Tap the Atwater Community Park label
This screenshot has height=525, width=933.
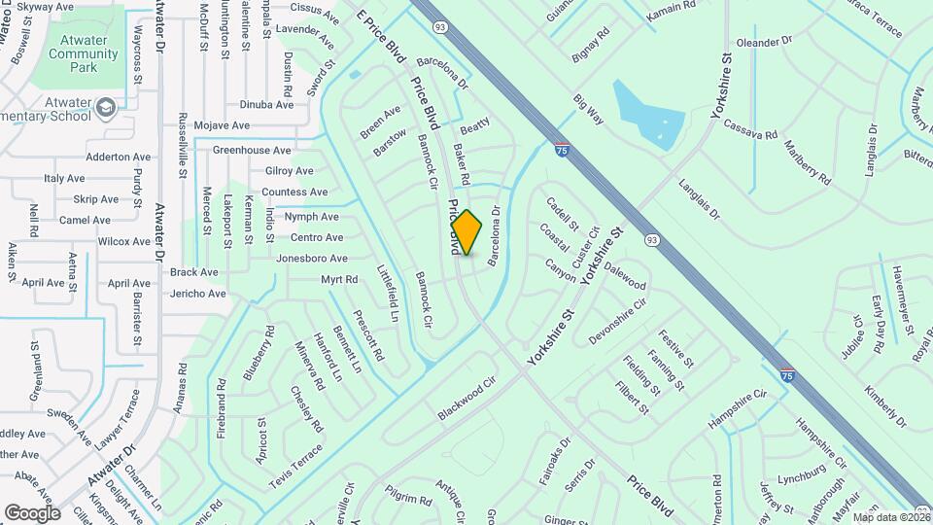(83, 53)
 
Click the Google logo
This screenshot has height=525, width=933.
(32, 512)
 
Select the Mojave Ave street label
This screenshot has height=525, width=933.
(223, 125)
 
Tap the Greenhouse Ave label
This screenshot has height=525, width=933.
(252, 151)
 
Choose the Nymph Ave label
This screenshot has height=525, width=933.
(311, 217)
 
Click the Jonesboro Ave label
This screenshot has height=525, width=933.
(311, 259)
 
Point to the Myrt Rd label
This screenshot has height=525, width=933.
(339, 280)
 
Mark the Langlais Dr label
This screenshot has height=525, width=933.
(698, 199)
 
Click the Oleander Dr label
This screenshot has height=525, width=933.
(765, 43)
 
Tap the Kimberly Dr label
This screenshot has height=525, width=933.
(884, 406)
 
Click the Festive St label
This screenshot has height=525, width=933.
(674, 349)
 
